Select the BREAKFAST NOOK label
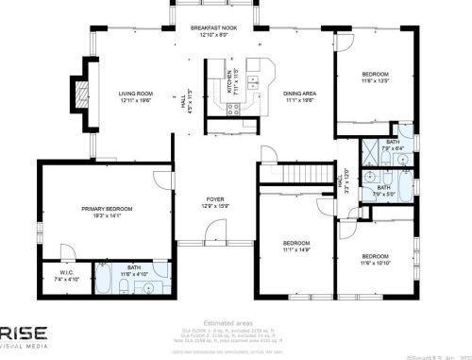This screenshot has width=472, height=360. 212,28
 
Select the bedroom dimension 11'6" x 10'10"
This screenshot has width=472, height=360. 376,261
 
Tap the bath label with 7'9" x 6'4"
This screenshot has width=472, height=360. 393,145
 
